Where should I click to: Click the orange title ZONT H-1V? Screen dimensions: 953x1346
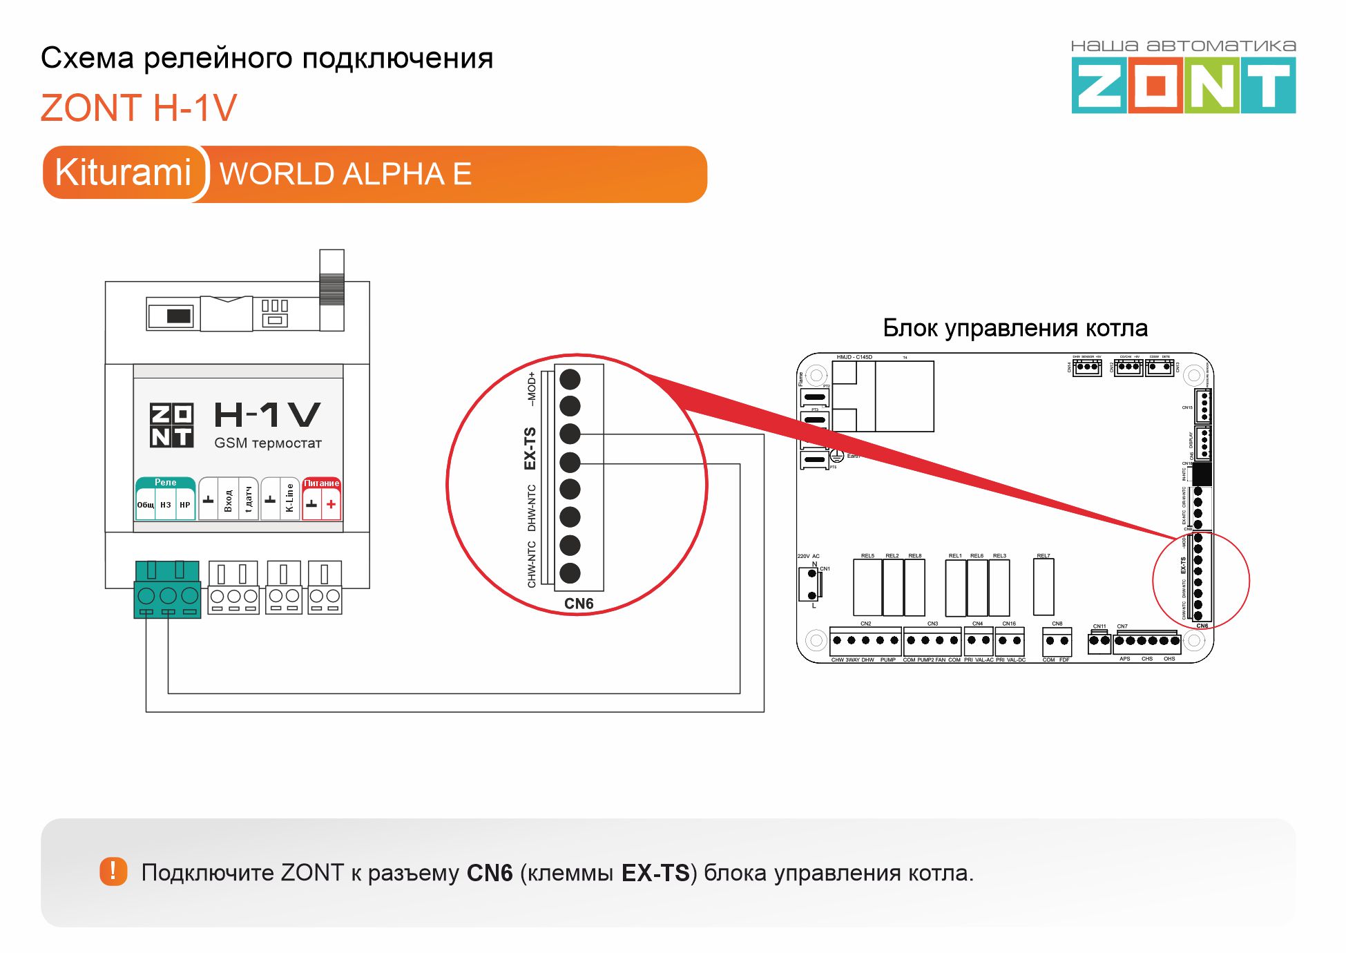point(139,108)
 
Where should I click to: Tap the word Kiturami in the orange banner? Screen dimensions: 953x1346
point(123,173)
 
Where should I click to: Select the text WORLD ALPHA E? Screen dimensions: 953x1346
point(345,174)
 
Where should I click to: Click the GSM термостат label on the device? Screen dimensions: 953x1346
point(268,443)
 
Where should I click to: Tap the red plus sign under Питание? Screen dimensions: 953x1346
point(331,504)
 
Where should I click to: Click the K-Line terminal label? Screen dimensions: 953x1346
point(289,498)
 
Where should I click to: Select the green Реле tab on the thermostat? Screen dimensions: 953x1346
point(165,482)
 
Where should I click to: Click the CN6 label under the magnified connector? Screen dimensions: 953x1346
point(579,604)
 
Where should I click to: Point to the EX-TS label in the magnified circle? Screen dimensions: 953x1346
point(530,448)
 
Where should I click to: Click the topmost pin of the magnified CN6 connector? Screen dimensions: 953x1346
point(570,379)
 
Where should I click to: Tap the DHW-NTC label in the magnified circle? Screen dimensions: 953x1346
point(532,508)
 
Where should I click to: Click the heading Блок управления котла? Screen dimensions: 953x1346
point(1015,328)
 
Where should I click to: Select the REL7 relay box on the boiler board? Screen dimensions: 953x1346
point(1044,587)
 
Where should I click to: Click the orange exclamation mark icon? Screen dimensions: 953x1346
point(113,872)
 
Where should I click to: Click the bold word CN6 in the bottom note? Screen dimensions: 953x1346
point(490,874)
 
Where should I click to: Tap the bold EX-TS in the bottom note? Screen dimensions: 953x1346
point(655,874)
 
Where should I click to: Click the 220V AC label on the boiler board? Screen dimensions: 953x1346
point(808,556)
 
